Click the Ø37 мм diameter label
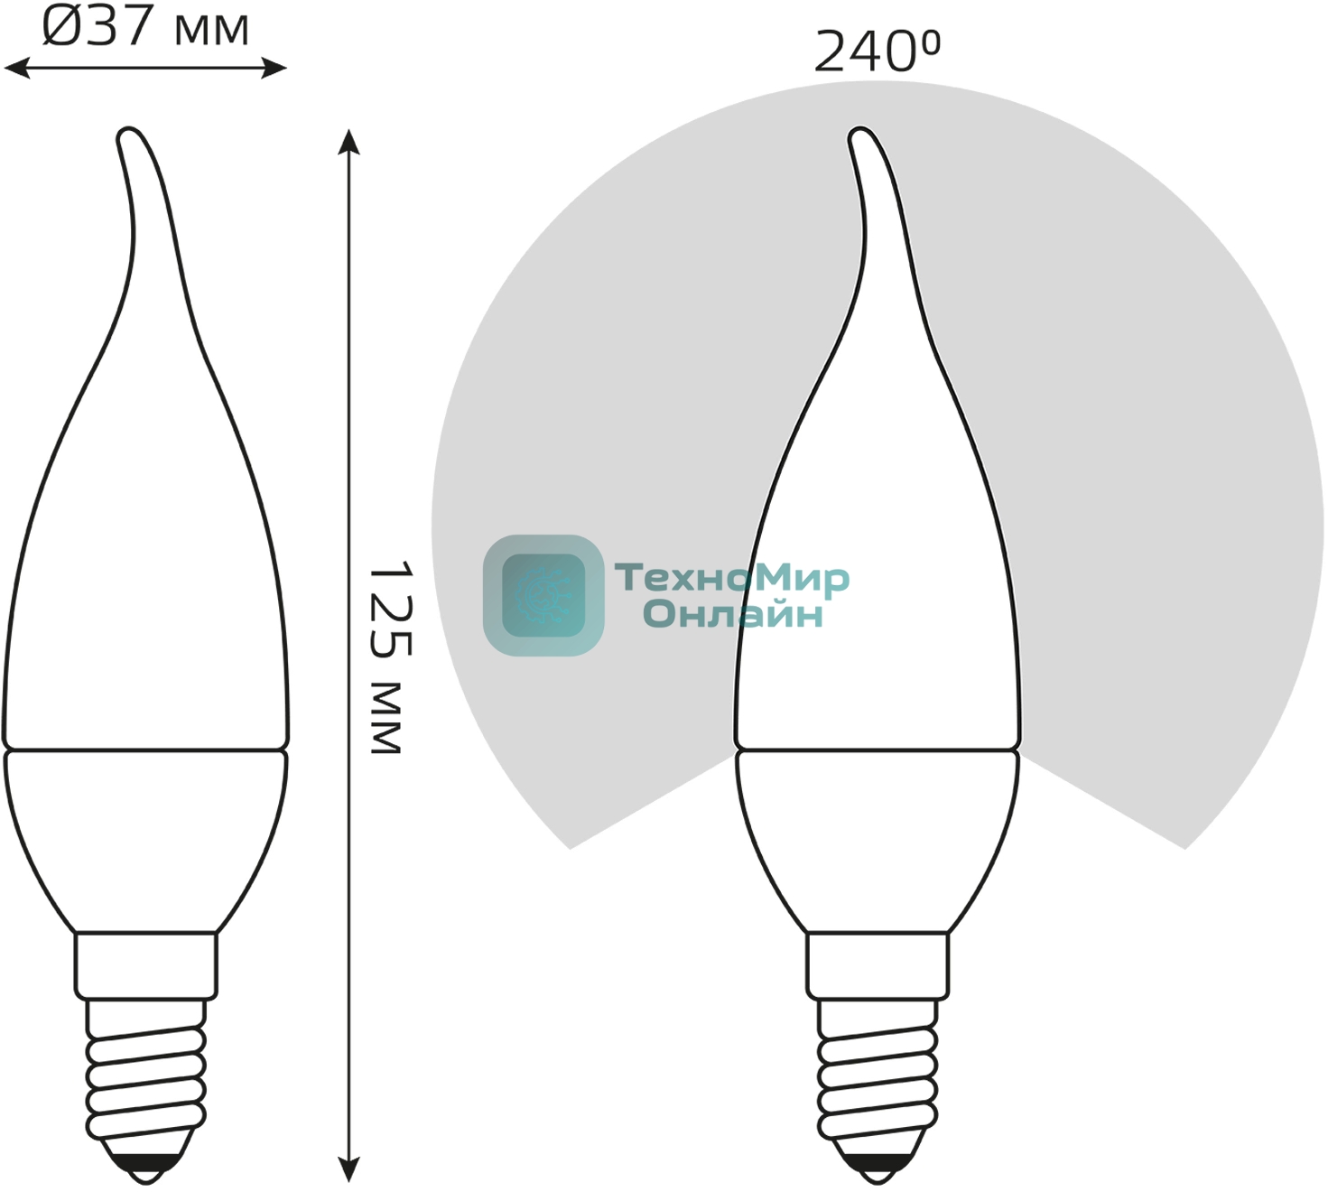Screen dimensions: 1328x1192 click(x=145, y=26)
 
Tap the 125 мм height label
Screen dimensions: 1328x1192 click(x=390, y=657)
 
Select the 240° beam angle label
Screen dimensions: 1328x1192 click(x=877, y=51)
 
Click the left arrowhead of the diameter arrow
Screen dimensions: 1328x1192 click(x=16, y=68)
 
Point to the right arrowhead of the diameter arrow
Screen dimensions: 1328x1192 click(x=274, y=68)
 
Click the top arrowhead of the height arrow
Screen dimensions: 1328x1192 click(x=348, y=142)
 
